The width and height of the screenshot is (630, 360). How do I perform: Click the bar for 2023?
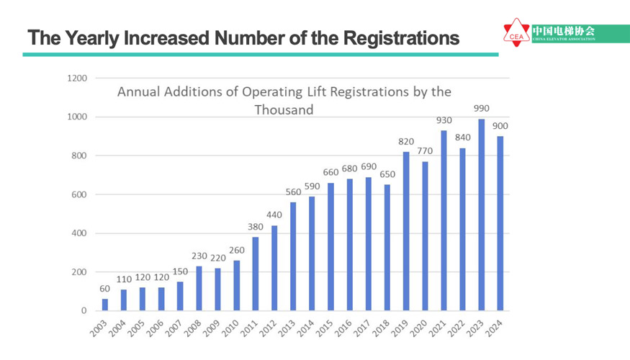tap(481, 215)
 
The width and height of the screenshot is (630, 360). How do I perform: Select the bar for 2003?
tap(105, 305)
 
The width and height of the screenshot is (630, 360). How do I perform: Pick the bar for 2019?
tap(406, 231)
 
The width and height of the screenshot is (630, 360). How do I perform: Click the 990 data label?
tap(481, 109)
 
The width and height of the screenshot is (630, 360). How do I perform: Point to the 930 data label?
tap(444, 120)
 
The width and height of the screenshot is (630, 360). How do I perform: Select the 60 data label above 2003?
tap(105, 289)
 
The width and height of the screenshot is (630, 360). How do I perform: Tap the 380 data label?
tap(256, 227)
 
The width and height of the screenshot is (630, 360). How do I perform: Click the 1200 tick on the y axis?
tap(77, 78)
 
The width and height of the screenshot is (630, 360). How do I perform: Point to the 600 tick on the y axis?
tap(79, 194)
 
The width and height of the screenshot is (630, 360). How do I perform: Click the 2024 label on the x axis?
tap(494, 328)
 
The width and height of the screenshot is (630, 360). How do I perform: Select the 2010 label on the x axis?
tap(231, 328)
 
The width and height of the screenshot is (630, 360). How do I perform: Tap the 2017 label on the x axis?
tap(362, 328)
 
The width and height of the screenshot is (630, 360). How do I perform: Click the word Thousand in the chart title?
tap(284, 110)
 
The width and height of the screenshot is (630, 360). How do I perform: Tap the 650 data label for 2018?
tap(387, 174)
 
